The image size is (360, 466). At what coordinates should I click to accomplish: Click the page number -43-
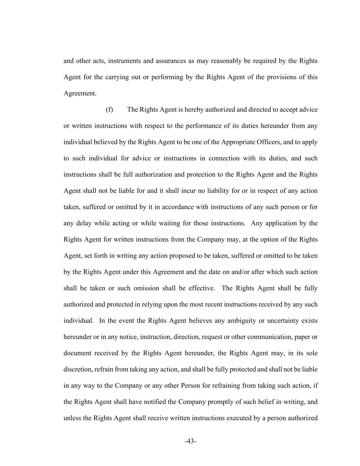(190, 441)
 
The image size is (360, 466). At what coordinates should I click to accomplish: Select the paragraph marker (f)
(109, 110)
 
